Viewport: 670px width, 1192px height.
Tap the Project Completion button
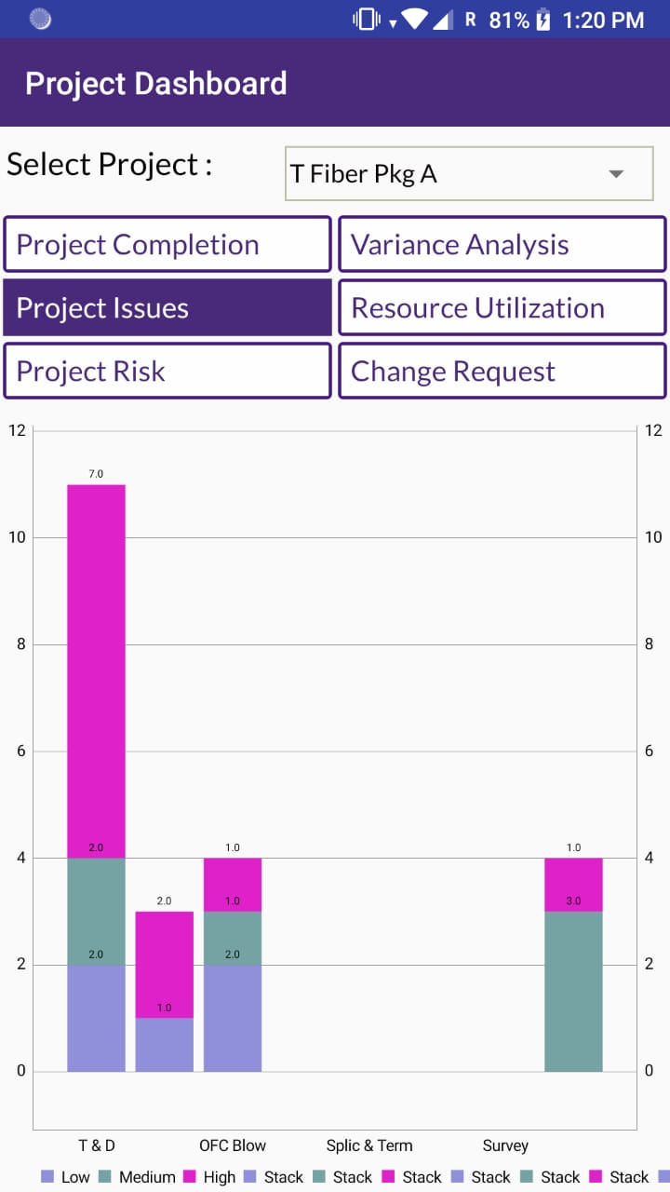[167, 245]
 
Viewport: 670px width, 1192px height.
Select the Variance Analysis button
[502, 245]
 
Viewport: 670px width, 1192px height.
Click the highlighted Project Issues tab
[167, 308]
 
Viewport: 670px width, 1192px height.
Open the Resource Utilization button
[502, 308]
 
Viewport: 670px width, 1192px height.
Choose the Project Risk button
[167, 372]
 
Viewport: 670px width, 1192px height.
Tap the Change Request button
[502, 372]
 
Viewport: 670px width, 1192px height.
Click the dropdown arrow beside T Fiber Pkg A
[615, 174]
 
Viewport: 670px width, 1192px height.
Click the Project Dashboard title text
[155, 84]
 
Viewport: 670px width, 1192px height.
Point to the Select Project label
[109, 165]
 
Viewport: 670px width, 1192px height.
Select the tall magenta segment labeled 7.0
[96, 670]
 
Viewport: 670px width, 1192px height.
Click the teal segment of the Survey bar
[573, 991]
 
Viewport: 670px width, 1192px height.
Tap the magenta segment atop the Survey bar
[573, 885]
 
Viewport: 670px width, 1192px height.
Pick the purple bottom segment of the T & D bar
[96, 1018]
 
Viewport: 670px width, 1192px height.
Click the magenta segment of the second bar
[165, 965]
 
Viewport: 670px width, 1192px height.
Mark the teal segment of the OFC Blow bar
[233, 938]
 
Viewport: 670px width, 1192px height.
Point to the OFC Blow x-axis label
[233, 1145]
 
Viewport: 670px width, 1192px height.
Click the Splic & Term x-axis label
[369, 1145]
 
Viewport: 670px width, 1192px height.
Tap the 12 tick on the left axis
[17, 430]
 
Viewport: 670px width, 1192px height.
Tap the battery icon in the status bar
[543, 20]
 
